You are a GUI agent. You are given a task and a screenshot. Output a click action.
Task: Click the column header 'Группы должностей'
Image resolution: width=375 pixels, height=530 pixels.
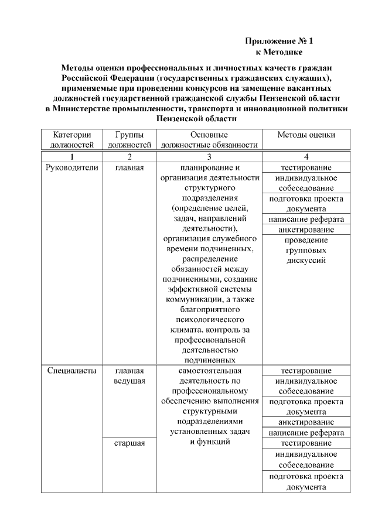pyautogui.click(x=129, y=139)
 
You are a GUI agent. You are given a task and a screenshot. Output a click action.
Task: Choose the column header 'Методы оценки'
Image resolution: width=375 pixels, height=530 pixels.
pyautogui.click(x=306, y=135)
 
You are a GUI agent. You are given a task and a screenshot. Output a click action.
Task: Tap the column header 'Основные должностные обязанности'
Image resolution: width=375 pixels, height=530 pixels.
pyautogui.click(x=209, y=139)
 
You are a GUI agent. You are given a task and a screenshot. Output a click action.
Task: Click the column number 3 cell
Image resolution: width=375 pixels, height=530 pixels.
pyautogui.click(x=209, y=156)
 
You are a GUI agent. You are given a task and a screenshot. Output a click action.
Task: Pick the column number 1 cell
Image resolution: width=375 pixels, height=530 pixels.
pyautogui.click(x=71, y=156)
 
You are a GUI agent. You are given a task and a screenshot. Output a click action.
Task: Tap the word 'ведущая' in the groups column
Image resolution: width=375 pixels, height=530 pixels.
pyautogui.click(x=129, y=381)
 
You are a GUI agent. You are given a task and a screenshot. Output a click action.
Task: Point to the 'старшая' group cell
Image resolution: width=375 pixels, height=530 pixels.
pyautogui.click(x=129, y=443)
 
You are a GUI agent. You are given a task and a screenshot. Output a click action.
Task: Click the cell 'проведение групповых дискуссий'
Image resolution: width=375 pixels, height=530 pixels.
pyautogui.click(x=306, y=250)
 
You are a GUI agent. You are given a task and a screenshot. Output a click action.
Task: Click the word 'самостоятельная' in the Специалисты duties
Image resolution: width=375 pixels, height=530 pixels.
pyautogui.click(x=209, y=371)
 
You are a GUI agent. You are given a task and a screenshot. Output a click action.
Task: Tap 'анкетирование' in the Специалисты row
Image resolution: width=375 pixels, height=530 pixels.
pyautogui.click(x=306, y=422)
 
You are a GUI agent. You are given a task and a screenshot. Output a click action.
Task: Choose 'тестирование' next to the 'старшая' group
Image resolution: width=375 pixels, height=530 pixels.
pyautogui.click(x=306, y=443)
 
